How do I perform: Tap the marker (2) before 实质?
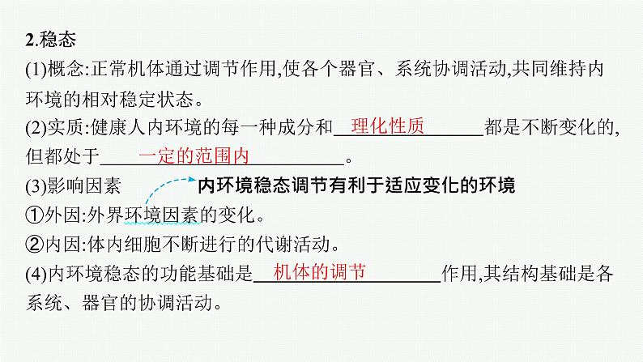point(37,129)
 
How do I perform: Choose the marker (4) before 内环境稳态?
point(37,275)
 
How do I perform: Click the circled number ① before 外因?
point(33,216)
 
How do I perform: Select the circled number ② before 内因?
point(33,245)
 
